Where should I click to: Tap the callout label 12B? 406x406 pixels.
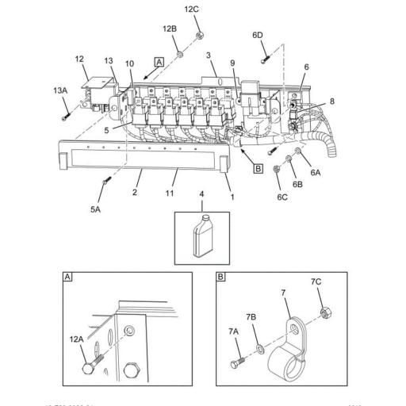170,29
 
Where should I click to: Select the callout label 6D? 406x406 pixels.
258,35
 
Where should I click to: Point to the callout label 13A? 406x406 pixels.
60,91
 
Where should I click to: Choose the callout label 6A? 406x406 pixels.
315,172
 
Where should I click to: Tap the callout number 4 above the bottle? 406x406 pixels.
201,193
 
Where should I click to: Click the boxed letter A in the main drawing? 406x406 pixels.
159,61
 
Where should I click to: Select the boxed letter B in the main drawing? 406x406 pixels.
257,167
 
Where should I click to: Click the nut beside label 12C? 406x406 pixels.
199,34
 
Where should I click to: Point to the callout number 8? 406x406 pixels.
332,101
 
